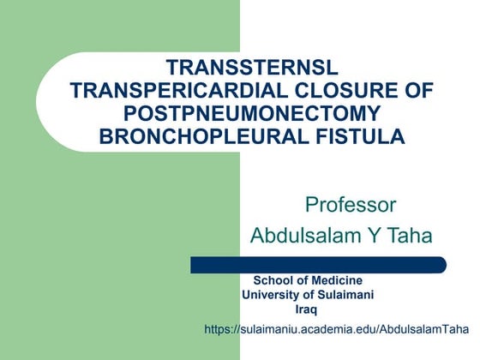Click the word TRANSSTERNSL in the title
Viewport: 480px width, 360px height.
point(253,68)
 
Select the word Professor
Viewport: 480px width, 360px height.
point(351,205)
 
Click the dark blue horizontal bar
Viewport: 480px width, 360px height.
point(318,265)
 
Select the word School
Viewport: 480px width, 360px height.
point(273,281)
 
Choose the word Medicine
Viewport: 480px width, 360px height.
point(336,281)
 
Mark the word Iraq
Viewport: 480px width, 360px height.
point(306,310)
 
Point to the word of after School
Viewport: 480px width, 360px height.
point(301,281)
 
